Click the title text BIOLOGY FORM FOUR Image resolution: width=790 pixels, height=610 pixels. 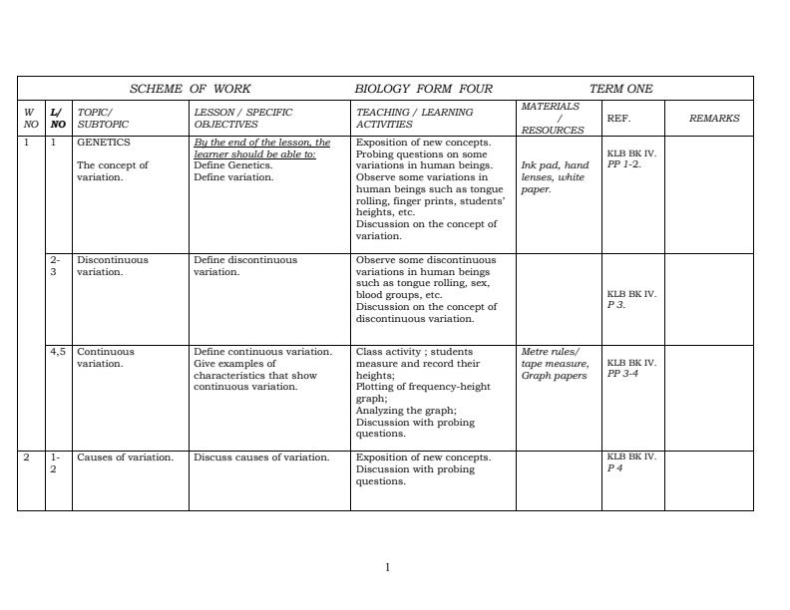pyautogui.click(x=423, y=89)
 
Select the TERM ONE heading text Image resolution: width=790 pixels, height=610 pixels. pyautogui.click(x=620, y=89)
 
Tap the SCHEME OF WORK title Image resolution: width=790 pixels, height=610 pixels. pyautogui.click(x=190, y=89)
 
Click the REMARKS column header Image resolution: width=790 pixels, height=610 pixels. pyautogui.click(x=714, y=118)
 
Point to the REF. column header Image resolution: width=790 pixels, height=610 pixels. pyautogui.click(x=618, y=118)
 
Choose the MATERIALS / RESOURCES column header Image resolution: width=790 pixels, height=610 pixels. pyautogui.click(x=552, y=118)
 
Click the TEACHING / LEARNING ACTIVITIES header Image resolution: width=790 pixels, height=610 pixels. pyautogui.click(x=414, y=118)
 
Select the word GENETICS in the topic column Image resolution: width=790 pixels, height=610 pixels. pyautogui.click(x=104, y=143)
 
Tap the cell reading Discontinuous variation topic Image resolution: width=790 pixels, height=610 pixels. pyautogui.click(x=112, y=265)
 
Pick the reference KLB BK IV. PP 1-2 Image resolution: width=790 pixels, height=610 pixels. pyautogui.click(x=631, y=159)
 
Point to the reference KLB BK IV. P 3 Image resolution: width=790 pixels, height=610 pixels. pyautogui.click(x=631, y=299)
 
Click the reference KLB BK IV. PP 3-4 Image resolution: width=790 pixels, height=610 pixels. pyautogui.click(x=631, y=368)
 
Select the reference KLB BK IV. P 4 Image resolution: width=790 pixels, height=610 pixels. pyautogui.click(x=631, y=462)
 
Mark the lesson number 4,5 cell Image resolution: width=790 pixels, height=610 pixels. pyautogui.click(x=58, y=352)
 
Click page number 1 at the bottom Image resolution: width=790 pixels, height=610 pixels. pyautogui.click(x=388, y=567)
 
